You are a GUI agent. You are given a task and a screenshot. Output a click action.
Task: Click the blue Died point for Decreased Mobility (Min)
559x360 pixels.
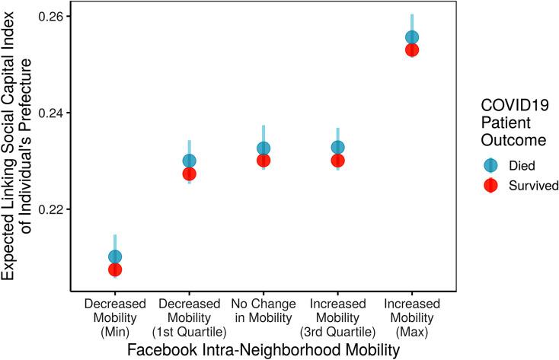pos(115,257)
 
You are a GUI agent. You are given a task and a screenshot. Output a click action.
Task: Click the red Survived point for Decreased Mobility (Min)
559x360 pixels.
pos(115,269)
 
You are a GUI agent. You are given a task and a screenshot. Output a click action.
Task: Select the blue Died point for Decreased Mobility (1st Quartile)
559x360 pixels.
pos(189,161)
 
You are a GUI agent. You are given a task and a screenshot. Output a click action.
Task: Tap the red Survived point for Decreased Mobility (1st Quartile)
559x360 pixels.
pos(189,174)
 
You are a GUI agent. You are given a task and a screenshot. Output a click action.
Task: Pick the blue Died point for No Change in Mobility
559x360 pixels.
pos(264,148)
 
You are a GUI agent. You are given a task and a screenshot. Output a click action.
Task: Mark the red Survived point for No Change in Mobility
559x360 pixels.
pos(264,161)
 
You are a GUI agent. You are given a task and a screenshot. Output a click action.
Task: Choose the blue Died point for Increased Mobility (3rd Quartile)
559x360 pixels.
pos(337,148)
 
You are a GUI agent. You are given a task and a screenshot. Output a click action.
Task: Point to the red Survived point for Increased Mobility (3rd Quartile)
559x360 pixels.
pos(337,161)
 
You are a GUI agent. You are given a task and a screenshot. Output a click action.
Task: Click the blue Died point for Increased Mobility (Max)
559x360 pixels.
pos(412,37)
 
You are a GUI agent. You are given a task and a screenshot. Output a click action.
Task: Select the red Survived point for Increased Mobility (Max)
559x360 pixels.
pos(412,50)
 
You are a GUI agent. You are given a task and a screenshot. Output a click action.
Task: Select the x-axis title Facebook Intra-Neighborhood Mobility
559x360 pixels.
pos(263,350)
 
